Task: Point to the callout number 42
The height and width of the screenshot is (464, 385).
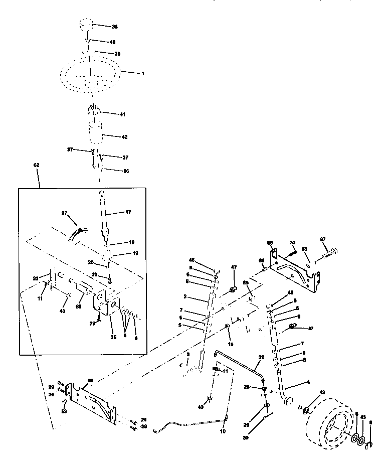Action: tap(125, 136)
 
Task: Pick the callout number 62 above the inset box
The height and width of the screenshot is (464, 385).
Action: tap(36, 165)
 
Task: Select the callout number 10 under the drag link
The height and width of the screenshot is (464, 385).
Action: tap(223, 431)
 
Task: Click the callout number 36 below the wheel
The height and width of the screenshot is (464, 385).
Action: tap(126, 172)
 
